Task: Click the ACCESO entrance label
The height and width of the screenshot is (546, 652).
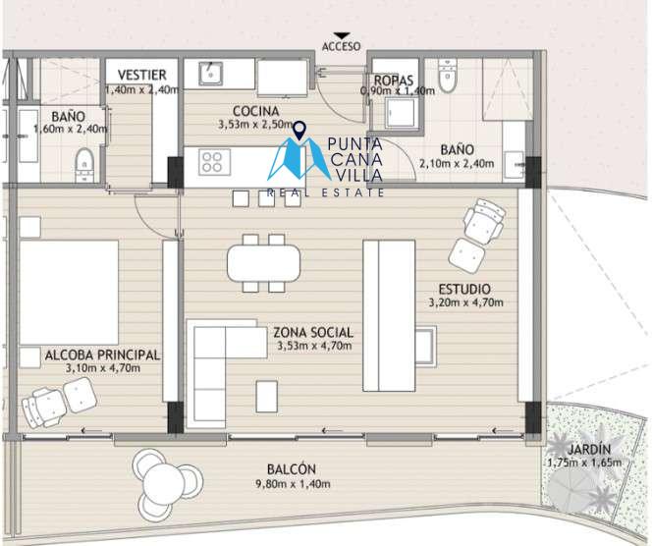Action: pos(341,46)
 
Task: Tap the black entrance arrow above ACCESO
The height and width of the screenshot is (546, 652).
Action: pos(342,35)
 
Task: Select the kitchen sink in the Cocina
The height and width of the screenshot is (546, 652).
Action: pos(210,74)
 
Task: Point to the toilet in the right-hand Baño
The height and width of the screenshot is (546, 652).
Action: pos(448,75)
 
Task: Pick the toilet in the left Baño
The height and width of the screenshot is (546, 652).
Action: pos(84,165)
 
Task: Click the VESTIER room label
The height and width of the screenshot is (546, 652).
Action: pos(141,75)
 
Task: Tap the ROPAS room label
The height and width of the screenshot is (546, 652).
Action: pos(394,81)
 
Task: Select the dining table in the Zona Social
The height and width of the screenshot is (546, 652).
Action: pos(263,263)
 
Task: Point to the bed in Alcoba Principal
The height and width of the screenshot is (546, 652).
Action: pos(69,293)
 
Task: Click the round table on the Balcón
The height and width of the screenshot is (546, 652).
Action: pos(163,483)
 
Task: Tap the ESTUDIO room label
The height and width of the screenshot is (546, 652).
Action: pos(464,289)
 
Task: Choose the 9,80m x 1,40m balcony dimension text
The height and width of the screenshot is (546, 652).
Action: pos(293,484)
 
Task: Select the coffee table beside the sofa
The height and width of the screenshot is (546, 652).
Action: pos(266,397)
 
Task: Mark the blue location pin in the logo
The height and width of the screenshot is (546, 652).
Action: pos(299,130)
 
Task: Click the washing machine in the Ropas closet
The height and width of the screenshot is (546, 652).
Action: pos(400,112)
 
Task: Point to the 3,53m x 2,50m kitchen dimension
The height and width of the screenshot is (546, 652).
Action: pos(255,125)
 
